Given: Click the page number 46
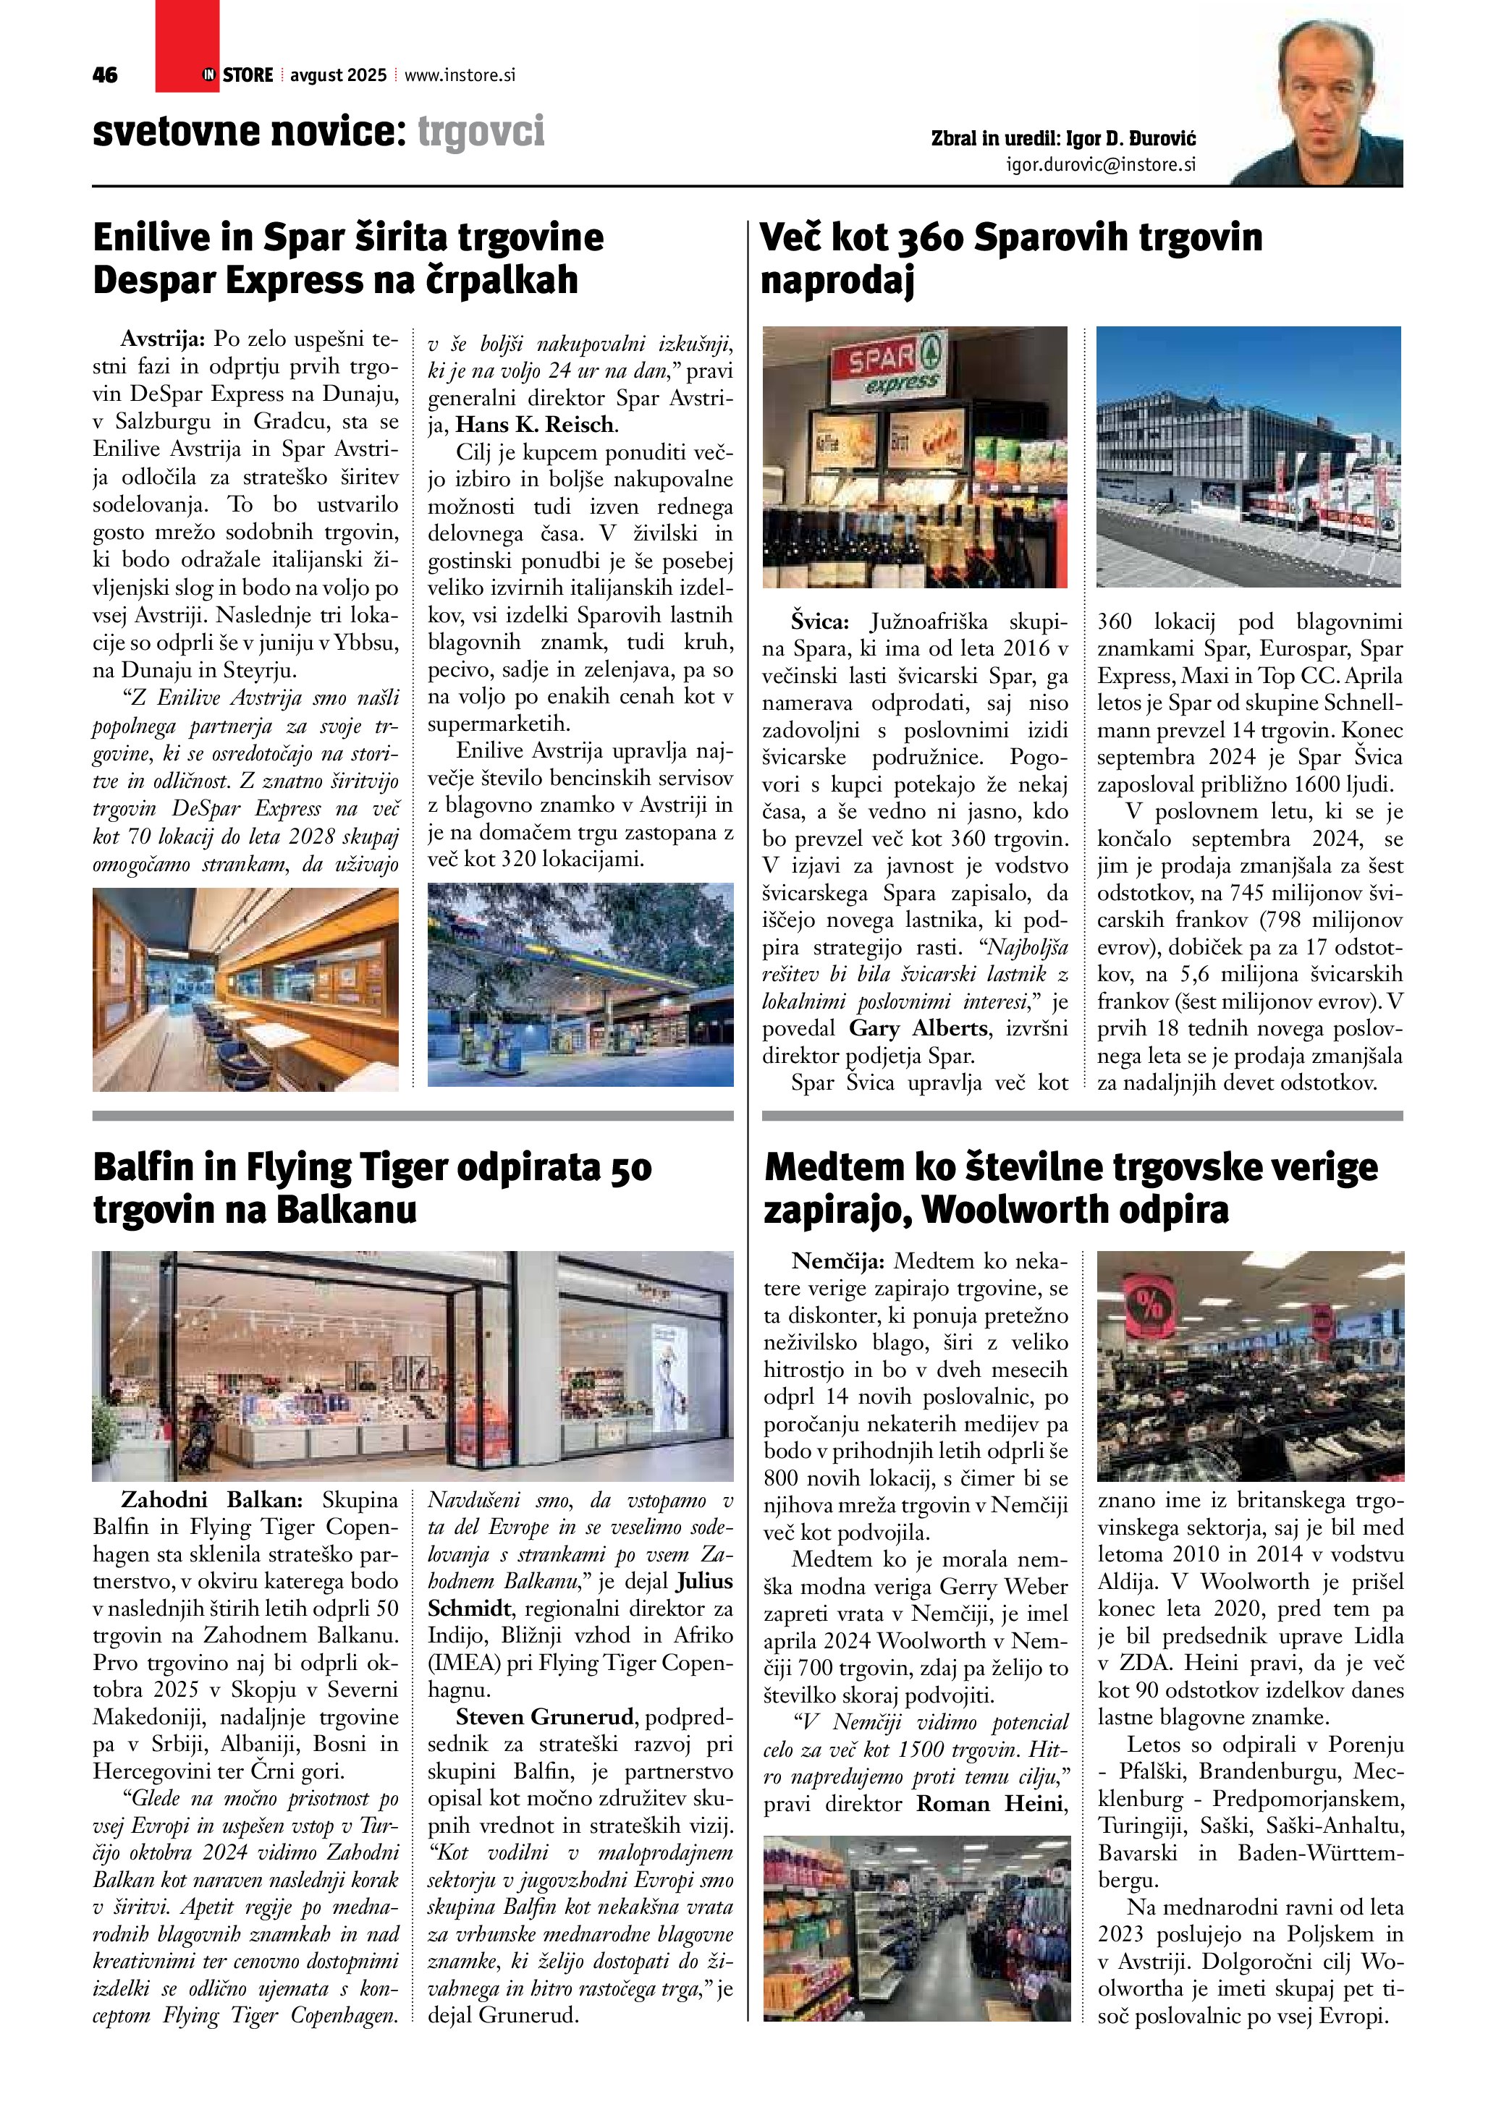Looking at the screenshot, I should (x=105, y=75).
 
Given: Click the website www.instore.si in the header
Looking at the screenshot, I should (x=460, y=75).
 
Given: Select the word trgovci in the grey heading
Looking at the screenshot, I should (x=481, y=131).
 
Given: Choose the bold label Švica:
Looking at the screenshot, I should (x=819, y=622).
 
